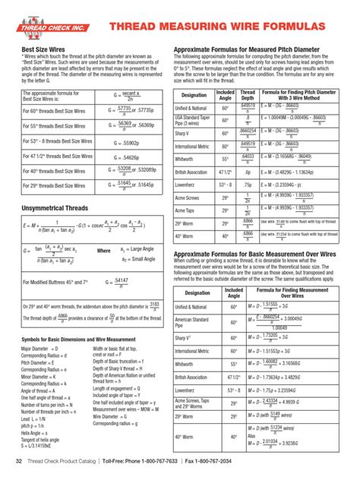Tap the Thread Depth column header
[x=248, y=95]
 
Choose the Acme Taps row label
[x=186, y=209]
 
